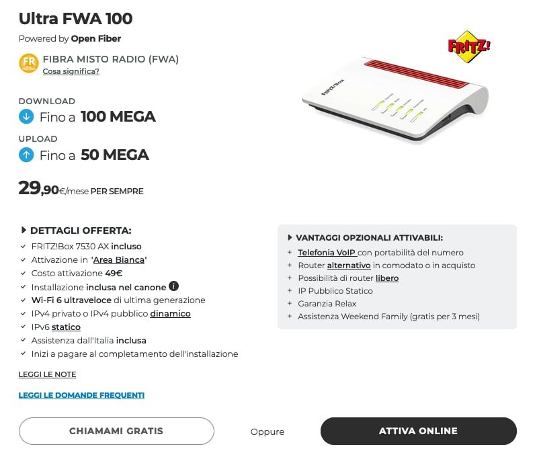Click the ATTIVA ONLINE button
[418, 431]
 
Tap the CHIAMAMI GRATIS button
[116, 431]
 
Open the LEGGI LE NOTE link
[47, 374]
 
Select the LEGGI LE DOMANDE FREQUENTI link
[81, 395]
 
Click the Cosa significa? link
[71, 71]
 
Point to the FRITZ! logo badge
[469, 46]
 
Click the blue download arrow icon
[26, 117]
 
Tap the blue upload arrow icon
[26, 155]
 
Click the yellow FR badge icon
[28, 63]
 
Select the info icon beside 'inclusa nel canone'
[173, 286]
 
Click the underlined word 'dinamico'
[170, 313]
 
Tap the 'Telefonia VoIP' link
[327, 253]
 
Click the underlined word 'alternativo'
[349, 265]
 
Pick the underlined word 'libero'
[386, 278]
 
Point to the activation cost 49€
[113, 273]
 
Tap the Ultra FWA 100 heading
[75, 18]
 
